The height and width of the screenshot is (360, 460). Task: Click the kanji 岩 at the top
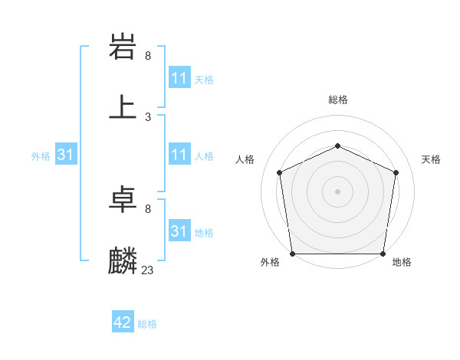123,47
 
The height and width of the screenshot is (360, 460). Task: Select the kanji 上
123,107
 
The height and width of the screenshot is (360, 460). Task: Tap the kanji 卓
123,200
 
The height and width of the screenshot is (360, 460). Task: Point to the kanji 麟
123,260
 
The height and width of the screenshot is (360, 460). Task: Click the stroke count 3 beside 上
147,117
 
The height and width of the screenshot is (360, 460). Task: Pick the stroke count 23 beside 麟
148,270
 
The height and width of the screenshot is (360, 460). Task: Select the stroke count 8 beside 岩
147,56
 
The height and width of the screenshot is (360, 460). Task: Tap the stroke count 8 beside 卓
147,209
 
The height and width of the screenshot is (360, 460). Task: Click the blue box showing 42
123,322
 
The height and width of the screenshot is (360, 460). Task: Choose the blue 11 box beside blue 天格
179,78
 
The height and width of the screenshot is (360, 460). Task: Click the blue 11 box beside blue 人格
179,155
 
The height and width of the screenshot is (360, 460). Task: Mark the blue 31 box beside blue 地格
179,231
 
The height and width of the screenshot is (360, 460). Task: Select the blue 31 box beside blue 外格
65,155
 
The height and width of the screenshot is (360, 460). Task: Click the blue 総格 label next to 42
147,324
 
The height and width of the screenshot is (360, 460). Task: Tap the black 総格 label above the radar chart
338,100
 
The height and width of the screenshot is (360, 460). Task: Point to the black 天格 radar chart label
431,159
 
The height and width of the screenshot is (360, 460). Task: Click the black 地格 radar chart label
402,262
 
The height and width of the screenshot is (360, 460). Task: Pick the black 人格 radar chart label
245,159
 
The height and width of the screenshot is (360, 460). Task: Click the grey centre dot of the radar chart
338,191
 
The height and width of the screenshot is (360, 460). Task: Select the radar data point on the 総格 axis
338,146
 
